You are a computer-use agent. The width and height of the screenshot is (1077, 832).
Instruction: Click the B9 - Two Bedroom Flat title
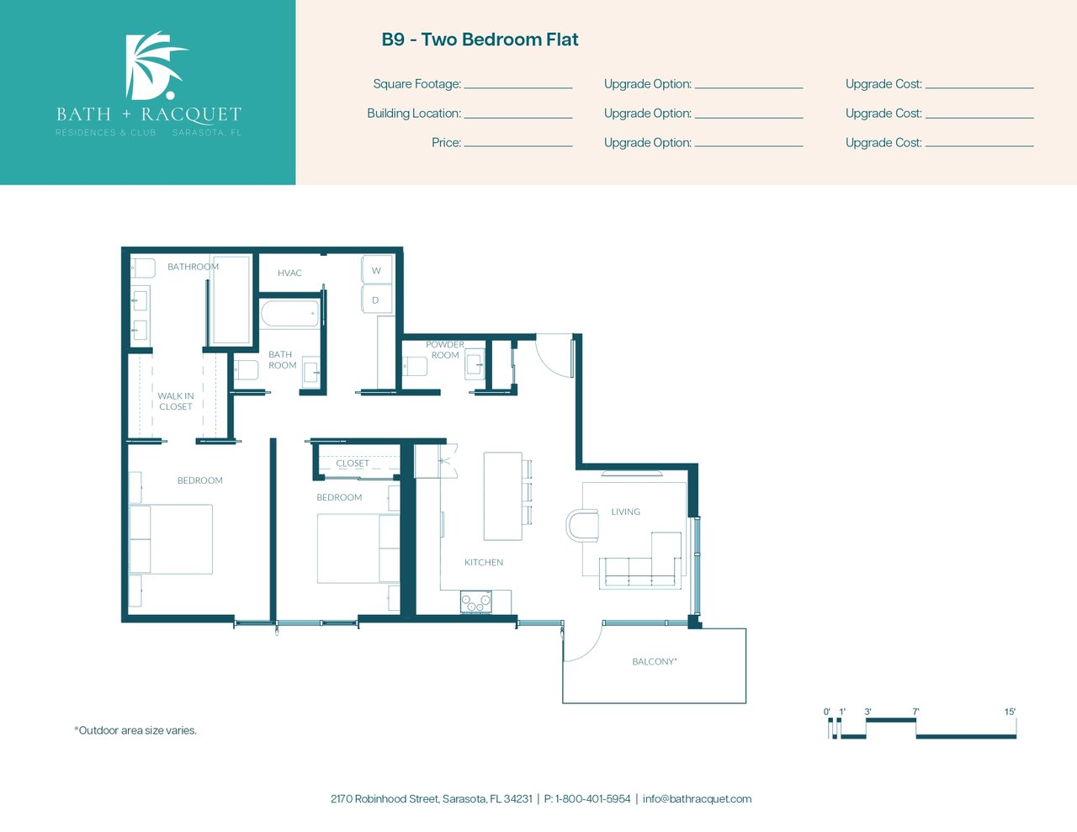pos(480,40)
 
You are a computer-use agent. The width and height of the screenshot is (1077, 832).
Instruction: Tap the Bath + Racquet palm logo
pos(156,65)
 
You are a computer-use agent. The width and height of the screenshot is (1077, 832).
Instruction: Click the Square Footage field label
pos(416,84)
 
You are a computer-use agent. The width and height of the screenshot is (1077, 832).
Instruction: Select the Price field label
pos(446,143)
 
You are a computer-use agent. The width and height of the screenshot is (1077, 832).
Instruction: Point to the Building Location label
pos(414,114)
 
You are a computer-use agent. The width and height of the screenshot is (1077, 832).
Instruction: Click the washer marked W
pos(377,270)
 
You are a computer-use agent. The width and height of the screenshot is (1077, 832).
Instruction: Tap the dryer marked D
pos(376,299)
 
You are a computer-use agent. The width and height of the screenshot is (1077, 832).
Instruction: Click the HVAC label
pos(289,273)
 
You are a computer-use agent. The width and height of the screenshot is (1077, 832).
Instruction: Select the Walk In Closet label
pos(176,401)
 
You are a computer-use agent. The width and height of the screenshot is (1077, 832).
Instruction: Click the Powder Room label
pos(445,349)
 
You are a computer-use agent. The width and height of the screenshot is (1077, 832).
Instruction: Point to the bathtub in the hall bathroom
pos(290,314)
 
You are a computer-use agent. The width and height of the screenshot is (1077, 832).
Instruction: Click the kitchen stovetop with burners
pos(476,601)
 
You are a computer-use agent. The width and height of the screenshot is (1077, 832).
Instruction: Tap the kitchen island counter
pos(502,496)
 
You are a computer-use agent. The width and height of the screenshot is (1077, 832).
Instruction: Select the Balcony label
pos(655,661)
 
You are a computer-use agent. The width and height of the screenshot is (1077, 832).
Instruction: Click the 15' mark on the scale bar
pos(1010,712)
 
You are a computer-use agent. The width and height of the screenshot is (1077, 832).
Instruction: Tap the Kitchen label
pos(484,563)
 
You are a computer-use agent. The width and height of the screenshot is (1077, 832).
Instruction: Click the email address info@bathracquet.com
pos(697,799)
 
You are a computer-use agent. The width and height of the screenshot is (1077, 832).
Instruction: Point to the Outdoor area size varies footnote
pos(135,730)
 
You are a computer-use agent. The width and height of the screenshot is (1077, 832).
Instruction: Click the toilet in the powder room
pos(415,366)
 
